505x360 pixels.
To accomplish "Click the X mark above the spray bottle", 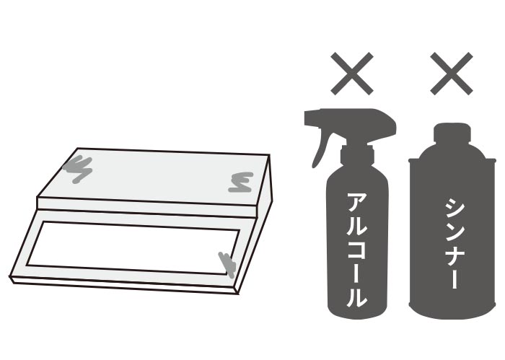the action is coord(352,74).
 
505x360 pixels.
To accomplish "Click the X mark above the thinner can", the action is coord(452,74).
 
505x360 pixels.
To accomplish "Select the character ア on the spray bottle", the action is coord(357,203).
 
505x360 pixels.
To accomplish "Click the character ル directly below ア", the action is coord(357,227).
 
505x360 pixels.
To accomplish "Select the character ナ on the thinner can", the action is coord(454,255).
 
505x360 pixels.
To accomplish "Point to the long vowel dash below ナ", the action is coord(454,279).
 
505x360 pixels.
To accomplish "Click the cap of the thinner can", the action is coord(452,133).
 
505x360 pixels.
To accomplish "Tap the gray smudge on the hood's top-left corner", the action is coord(78,169).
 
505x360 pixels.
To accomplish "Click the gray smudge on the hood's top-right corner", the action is coord(240,183).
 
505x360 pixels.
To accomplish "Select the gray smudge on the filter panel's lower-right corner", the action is coord(228,264).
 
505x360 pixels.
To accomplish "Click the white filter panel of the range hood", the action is coord(132,247).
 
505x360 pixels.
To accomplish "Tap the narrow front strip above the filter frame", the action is coord(147,207).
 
